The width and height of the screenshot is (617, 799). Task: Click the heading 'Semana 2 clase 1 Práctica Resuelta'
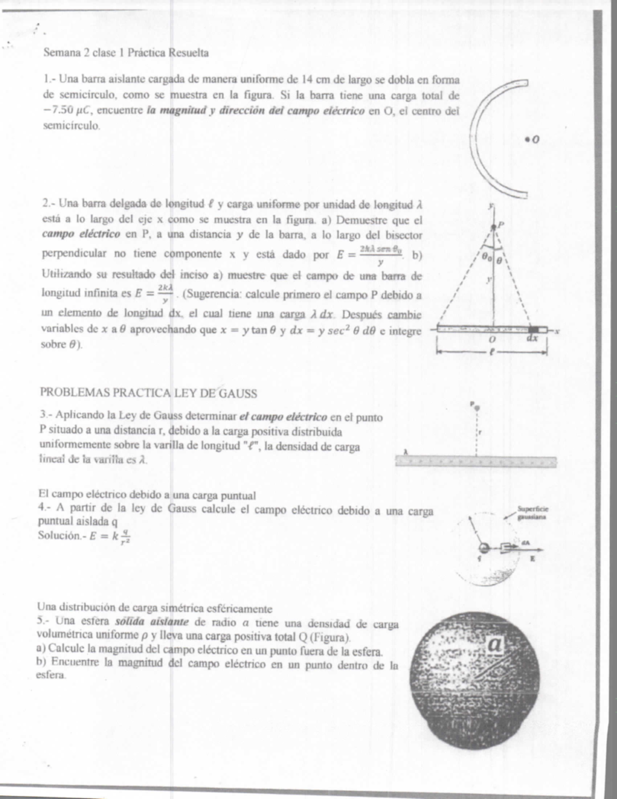[x=126, y=52]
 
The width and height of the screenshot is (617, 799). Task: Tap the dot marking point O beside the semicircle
[x=528, y=139]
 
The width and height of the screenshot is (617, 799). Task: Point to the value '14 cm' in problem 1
[x=314, y=79]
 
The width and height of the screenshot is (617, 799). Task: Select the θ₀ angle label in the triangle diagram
[x=486, y=258]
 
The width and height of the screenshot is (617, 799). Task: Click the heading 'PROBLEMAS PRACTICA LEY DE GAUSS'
[x=148, y=394]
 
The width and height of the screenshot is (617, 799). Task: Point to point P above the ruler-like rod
[x=477, y=407]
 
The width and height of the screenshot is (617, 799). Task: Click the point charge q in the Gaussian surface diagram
[x=483, y=548]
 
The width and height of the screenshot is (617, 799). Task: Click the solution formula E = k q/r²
[x=108, y=536]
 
